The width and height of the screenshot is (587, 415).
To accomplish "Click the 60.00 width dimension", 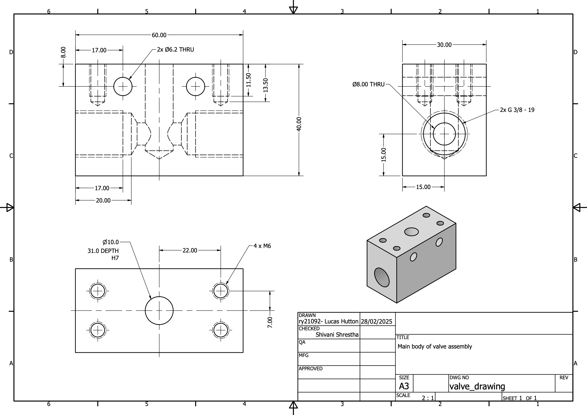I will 159,35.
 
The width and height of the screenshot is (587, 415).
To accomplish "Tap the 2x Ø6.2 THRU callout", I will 175,50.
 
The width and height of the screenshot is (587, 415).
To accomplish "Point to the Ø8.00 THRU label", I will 368,84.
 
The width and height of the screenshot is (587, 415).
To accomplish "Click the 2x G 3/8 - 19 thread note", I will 517,110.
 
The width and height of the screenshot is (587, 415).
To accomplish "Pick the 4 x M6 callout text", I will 262,246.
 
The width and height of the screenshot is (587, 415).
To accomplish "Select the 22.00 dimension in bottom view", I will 190,250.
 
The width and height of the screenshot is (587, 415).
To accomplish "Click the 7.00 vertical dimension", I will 270,322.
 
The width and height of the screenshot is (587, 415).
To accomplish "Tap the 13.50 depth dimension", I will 266,85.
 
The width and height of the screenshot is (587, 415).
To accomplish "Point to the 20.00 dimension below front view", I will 103,200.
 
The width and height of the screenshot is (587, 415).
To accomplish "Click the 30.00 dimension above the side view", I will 444,45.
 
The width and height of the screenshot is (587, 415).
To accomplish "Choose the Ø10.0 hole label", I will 111,242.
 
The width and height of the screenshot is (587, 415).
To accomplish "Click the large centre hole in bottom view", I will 159,311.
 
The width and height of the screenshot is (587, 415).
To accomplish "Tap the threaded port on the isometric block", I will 382,278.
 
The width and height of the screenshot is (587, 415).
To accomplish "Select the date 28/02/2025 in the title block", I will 376,322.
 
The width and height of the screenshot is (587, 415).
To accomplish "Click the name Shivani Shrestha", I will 337,335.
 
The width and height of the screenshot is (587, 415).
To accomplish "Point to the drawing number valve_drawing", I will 477,386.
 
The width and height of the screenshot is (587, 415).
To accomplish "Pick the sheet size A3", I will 404,386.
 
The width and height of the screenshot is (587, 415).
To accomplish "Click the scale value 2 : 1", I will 428,398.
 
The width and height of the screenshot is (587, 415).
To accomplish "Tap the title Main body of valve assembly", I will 435,346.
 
